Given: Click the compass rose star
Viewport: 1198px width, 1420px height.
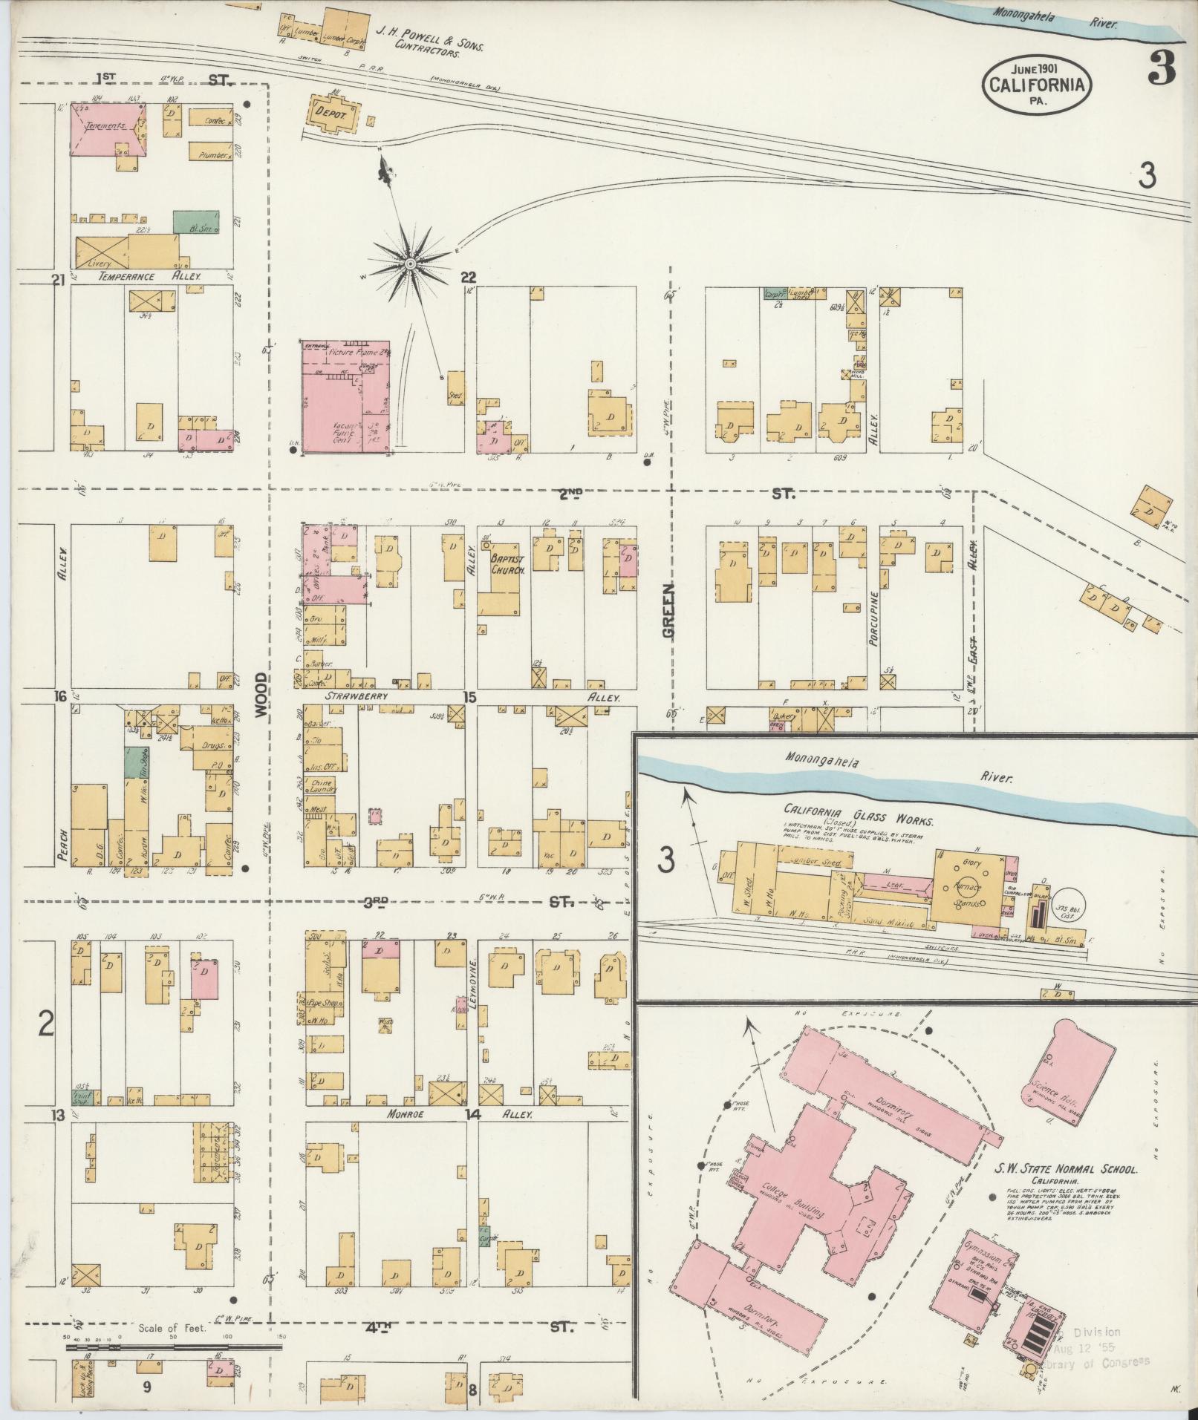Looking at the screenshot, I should (x=409, y=264).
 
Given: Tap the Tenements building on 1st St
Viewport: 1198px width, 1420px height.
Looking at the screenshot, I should (x=108, y=129).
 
